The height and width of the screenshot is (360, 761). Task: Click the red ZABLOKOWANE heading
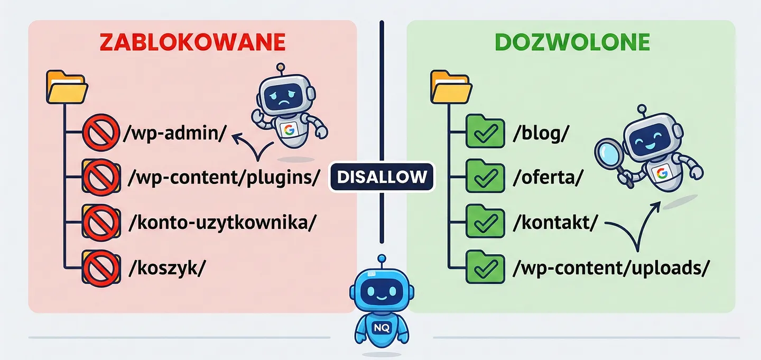192,43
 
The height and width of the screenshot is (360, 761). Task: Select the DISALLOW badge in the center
382,177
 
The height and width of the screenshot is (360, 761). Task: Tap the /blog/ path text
541,133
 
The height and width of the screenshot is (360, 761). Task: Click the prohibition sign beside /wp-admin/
99,133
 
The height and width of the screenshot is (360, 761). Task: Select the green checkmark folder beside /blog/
485,133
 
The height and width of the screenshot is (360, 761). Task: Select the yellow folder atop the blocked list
67,87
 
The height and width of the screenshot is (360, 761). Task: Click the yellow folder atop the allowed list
451,87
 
